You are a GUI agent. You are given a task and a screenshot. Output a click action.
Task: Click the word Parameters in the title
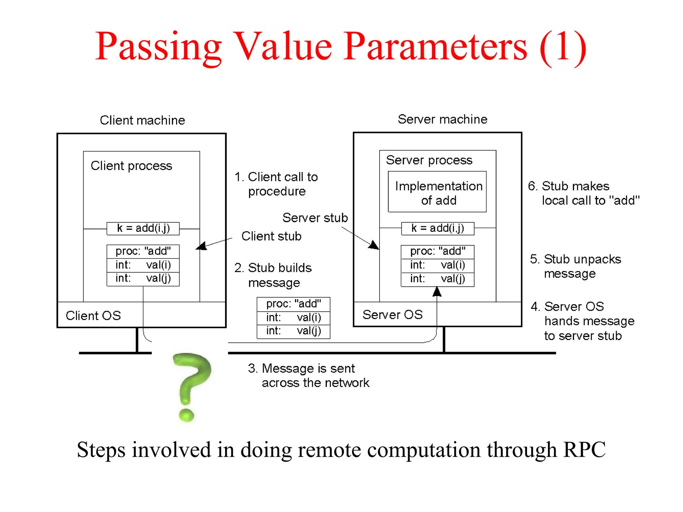(435, 47)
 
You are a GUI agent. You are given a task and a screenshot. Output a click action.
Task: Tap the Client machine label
(142, 120)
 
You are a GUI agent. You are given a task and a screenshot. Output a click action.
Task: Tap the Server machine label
(443, 119)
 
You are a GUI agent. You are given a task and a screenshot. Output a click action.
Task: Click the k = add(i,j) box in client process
(143, 228)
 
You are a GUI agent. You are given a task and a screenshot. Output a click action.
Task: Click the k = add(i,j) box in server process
(438, 228)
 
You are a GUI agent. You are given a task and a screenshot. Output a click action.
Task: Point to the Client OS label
(93, 315)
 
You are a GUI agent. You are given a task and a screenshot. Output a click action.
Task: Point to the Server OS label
(393, 314)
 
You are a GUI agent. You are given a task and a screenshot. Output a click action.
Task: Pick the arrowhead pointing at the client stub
(201, 247)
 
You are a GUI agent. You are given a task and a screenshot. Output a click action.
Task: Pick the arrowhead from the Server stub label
(374, 245)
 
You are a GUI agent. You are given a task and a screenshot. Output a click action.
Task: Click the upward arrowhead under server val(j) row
(437, 292)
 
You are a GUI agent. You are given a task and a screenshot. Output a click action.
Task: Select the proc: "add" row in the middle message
(293, 304)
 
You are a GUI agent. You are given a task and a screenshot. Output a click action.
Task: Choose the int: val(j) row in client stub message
(143, 279)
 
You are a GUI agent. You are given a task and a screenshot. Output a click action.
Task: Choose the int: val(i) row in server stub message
(438, 265)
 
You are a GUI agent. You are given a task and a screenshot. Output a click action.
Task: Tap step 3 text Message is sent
(308, 375)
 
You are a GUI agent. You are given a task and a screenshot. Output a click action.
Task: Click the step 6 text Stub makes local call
(584, 193)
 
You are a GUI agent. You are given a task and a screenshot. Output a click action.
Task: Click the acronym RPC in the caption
(584, 449)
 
